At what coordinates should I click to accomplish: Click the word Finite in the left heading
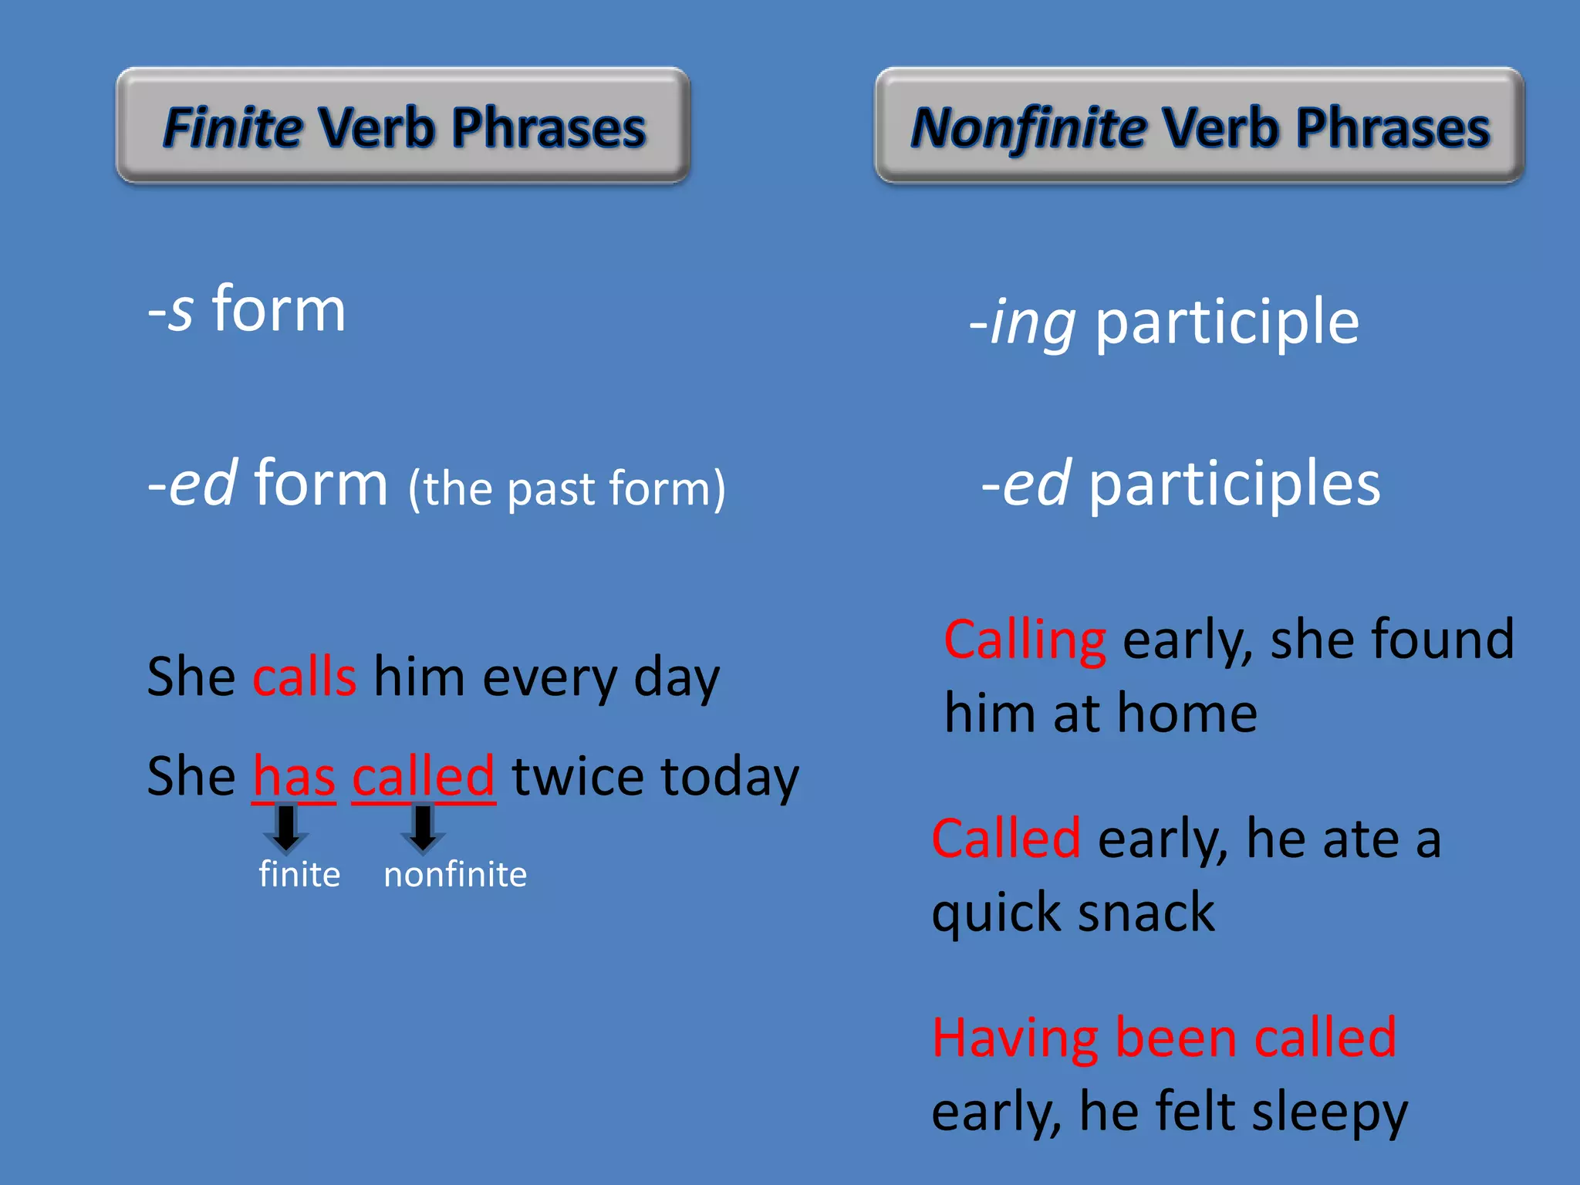coord(232,127)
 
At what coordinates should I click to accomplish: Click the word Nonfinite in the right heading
coord(1028,127)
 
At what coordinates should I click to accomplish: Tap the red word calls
coord(305,677)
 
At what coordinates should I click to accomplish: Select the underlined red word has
coord(294,776)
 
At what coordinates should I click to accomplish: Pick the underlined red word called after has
coord(423,776)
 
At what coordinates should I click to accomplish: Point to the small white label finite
coord(299,875)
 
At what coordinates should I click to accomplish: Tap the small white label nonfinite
coord(455,875)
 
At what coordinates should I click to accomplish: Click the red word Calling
coord(1025,640)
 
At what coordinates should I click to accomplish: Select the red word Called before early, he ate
coord(1006,839)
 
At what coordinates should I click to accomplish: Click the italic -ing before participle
coord(1022,322)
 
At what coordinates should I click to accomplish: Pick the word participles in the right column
coord(1234,484)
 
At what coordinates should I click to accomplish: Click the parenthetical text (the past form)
coord(566,488)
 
